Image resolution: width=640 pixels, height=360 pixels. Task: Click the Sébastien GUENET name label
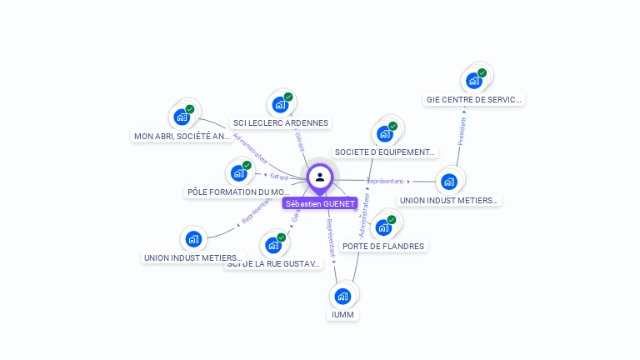click(x=320, y=203)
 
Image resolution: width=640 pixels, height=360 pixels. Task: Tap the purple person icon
click(x=320, y=177)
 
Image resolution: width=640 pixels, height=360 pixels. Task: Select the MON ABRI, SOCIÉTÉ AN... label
click(x=182, y=136)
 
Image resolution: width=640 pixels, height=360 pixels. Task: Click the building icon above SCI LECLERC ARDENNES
click(x=278, y=106)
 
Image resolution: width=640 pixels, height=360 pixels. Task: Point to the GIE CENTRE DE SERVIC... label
click(x=474, y=99)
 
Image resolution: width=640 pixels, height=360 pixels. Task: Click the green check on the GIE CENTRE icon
click(x=482, y=72)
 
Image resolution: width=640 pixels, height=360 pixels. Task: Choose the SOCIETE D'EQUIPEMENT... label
click(x=385, y=152)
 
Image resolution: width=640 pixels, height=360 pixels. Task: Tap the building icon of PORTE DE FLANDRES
click(x=382, y=227)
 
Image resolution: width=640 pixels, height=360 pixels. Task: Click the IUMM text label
click(x=342, y=315)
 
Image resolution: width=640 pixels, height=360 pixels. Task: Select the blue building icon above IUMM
click(x=342, y=296)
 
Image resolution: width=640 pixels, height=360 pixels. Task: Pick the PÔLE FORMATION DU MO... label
click(x=238, y=192)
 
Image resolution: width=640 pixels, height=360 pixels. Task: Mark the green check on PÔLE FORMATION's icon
click(x=247, y=165)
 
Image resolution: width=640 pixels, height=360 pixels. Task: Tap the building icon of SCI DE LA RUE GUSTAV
click(x=272, y=246)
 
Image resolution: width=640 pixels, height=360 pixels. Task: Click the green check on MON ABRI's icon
click(x=190, y=109)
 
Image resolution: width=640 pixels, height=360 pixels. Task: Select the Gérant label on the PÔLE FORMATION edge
click(x=278, y=177)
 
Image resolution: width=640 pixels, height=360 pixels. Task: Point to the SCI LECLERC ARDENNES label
click(x=281, y=122)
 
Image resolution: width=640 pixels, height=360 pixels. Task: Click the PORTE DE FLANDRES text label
click(x=383, y=246)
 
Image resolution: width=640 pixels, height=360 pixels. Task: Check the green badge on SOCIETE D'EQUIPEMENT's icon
click(x=392, y=126)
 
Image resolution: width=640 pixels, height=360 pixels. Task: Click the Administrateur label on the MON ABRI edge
click(x=250, y=146)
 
